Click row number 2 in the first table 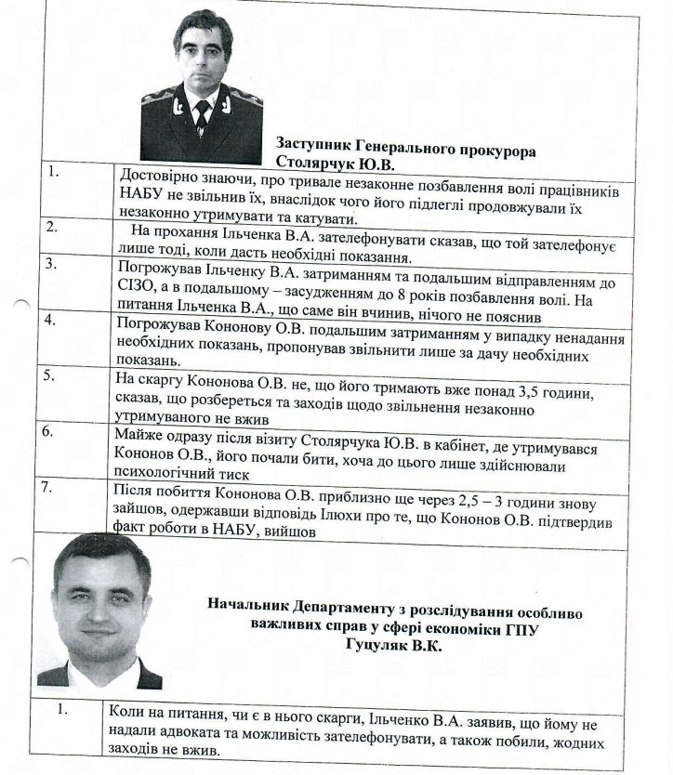[x=53, y=226]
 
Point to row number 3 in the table [x=53, y=264]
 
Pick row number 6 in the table [x=53, y=432]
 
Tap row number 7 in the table [x=53, y=487]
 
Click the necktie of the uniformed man [x=202, y=114]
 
